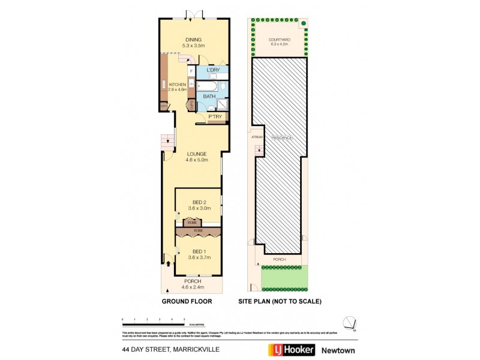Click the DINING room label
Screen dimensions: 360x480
(x=193, y=40)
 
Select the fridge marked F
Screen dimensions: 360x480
(x=191, y=71)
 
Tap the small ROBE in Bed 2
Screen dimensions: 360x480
(x=191, y=223)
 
